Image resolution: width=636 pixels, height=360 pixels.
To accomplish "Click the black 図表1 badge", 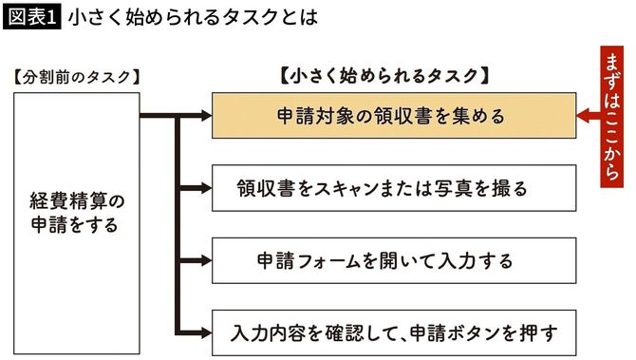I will coord(31,17).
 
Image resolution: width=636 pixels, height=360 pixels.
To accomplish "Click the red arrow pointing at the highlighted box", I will coord(588,116).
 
